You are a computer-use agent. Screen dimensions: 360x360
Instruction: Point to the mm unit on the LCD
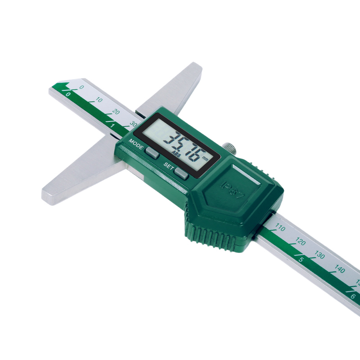(x=205, y=158)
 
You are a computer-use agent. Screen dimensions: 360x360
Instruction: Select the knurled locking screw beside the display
(x=229, y=148)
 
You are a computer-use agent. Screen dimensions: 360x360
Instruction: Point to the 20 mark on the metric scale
(x=116, y=112)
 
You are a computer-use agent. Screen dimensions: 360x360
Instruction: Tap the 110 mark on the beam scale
(x=280, y=228)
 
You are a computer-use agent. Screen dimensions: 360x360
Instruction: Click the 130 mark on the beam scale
(x=319, y=256)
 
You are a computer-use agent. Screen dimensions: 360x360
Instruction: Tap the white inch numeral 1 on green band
(x=112, y=126)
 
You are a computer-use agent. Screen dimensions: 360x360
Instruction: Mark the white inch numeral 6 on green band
(x=352, y=296)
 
